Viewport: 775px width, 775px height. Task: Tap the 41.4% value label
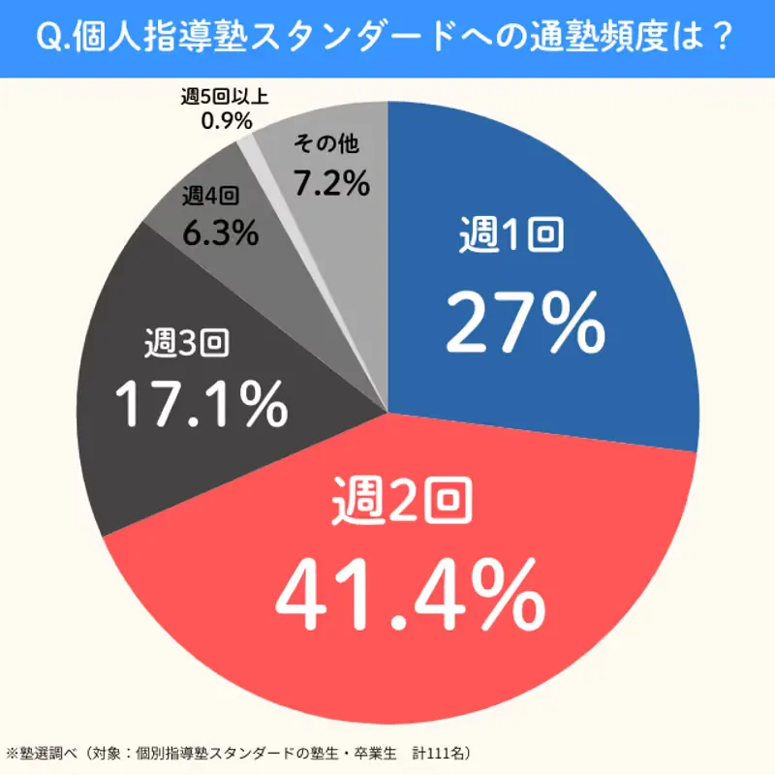coord(407,592)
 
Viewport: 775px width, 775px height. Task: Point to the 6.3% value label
coord(220,232)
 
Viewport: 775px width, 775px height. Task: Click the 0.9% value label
coord(226,121)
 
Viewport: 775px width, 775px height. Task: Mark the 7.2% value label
coord(332,181)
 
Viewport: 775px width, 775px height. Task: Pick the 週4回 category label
coord(210,197)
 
